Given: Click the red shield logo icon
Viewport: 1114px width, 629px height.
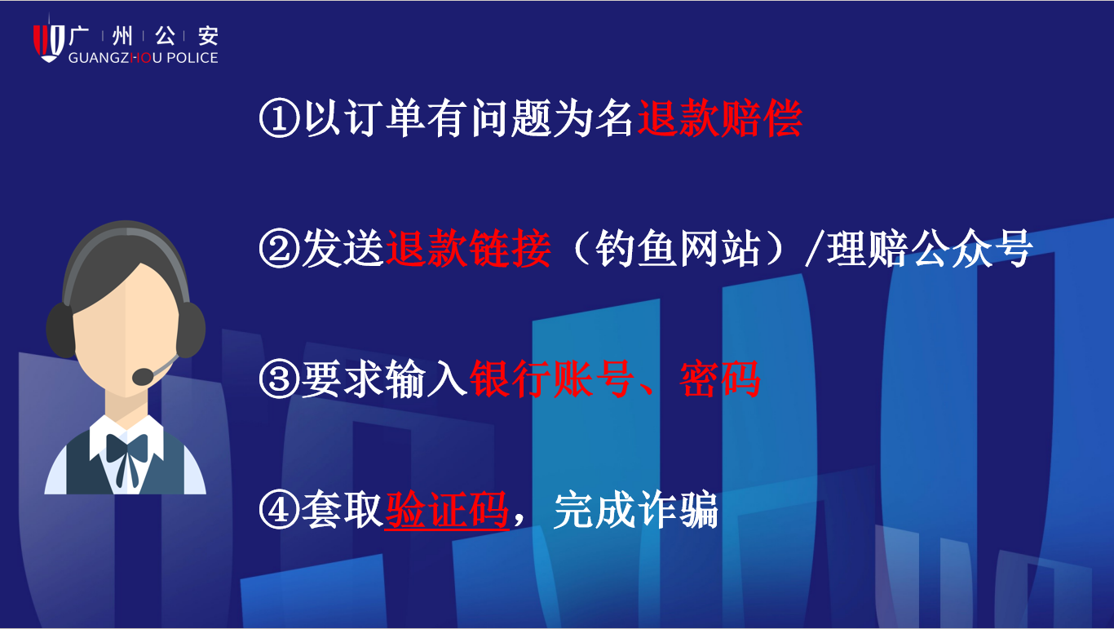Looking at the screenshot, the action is click(x=49, y=43).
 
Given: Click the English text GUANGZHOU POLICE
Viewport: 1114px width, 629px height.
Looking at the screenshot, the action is click(x=144, y=58).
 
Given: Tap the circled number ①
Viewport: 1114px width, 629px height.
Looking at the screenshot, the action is click(x=280, y=117).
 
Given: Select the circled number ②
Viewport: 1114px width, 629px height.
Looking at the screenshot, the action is click(x=280, y=248).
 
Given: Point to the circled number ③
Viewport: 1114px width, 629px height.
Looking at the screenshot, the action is click(x=280, y=379).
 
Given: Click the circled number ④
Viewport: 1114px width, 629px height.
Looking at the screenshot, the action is click(x=280, y=510).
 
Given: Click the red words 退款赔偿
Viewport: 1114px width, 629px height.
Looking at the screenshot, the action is click(x=719, y=118).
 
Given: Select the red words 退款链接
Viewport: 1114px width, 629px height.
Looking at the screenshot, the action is click(x=468, y=248).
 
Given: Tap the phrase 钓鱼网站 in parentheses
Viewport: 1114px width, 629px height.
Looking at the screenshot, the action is click(x=678, y=248).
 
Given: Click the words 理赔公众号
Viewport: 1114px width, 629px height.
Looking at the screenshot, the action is click(x=929, y=248).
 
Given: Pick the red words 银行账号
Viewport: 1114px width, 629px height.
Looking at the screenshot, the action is click(x=551, y=379).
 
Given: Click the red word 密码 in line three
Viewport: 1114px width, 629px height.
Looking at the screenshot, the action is click(x=719, y=379).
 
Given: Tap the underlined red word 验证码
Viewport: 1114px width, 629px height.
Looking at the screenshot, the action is click(x=447, y=510).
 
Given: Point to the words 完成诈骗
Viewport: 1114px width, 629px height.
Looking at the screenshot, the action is click(x=635, y=510).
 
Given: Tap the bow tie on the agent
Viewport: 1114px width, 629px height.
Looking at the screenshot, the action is click(x=127, y=450).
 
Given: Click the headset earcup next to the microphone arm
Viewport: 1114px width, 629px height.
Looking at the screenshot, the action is click(x=191, y=330).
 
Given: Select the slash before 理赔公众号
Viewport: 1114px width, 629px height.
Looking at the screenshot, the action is click(x=813, y=248).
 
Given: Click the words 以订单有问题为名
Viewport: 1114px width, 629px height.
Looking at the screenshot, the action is click(x=468, y=118).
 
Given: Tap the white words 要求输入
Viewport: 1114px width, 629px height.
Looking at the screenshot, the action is click(x=384, y=379).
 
